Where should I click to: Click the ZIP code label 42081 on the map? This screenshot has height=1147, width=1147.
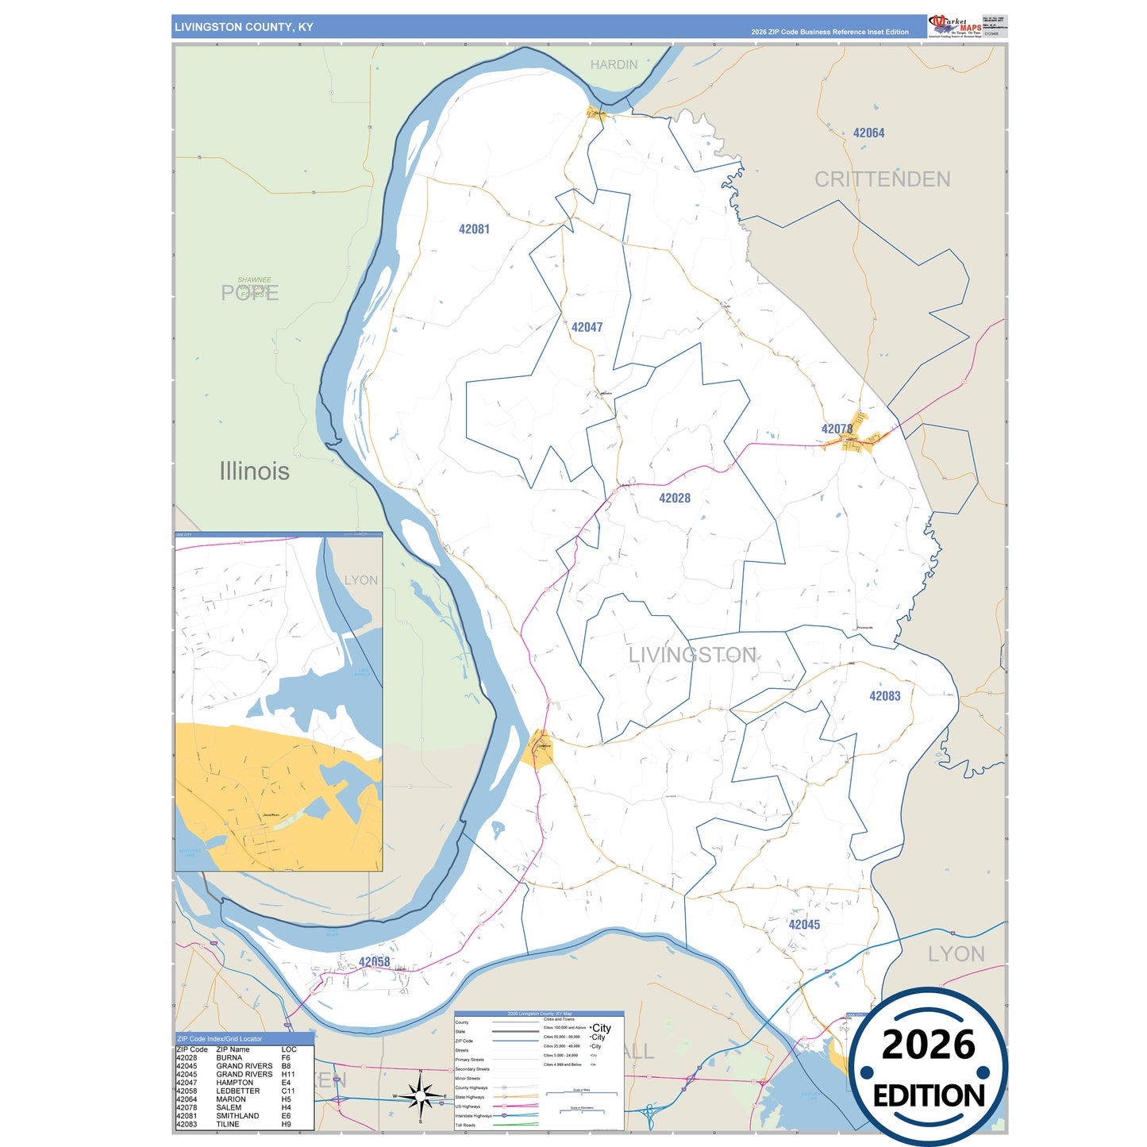[474, 229]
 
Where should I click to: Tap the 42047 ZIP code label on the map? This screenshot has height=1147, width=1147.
[587, 327]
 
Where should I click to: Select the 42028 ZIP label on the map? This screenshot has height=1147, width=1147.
[675, 498]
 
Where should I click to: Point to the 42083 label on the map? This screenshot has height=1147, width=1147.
[884, 696]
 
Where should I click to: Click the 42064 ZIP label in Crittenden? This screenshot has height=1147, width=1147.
[868, 133]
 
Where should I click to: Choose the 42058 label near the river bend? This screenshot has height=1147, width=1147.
[374, 962]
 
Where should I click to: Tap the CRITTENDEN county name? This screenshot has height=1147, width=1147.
[882, 179]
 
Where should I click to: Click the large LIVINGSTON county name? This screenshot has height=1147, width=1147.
[692, 655]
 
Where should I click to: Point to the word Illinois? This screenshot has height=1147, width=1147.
[254, 472]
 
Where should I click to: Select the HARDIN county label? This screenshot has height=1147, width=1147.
[614, 65]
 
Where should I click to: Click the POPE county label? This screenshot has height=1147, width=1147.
[249, 294]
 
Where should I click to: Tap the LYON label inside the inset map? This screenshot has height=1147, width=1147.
[361, 580]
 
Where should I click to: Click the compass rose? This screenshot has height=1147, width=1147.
[420, 1098]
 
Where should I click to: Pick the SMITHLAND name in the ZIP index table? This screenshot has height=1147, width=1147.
[237, 1116]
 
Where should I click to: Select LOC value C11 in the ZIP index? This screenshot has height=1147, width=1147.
[287, 1091]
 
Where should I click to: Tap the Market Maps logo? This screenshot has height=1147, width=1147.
[955, 26]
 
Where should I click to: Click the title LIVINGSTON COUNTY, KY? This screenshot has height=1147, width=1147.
[244, 27]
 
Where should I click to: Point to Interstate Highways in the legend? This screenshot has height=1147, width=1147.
[473, 1116]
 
